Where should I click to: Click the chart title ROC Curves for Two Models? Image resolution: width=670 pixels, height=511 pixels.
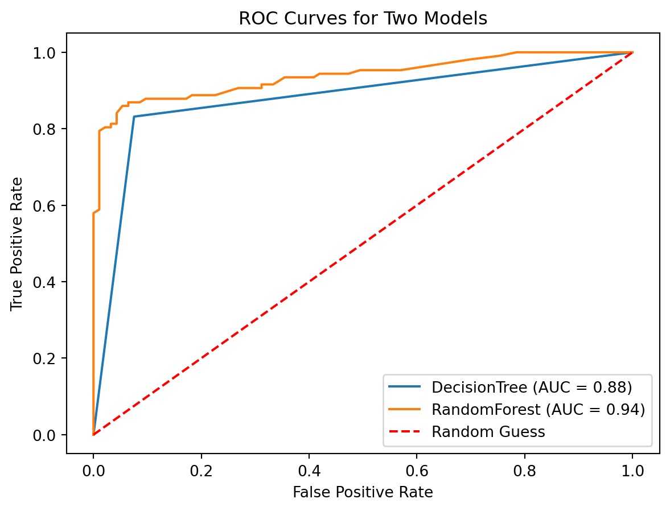tap(363, 18)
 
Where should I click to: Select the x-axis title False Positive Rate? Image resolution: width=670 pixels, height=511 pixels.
tap(363, 492)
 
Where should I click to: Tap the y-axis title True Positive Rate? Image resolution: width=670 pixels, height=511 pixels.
tap(18, 244)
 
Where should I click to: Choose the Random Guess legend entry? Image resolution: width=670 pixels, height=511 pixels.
tap(488, 432)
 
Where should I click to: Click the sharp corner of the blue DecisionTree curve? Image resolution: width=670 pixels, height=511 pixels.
tap(134, 117)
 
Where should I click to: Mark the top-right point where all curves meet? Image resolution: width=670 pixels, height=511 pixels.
tap(632, 52)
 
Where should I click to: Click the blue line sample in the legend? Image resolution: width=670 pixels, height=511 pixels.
tap(405, 388)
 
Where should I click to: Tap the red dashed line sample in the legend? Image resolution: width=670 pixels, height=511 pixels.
tap(405, 432)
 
